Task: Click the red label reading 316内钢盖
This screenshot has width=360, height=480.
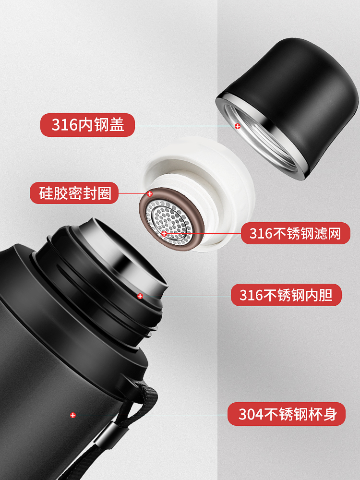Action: [x=87, y=125]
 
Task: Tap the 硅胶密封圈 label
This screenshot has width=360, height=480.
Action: [x=74, y=193]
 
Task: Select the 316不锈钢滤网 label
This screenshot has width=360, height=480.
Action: [x=295, y=233]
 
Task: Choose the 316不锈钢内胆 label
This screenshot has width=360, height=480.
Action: [x=286, y=295]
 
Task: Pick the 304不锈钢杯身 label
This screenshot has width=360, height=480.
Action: [x=287, y=414]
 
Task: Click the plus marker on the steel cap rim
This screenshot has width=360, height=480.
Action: [x=238, y=126]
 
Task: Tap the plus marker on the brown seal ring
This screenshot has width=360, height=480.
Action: [x=150, y=194]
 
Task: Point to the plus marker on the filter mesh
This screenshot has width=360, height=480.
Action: [x=164, y=234]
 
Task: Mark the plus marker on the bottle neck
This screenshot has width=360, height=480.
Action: [x=140, y=296]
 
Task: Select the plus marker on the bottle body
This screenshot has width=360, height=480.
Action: [x=73, y=415]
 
